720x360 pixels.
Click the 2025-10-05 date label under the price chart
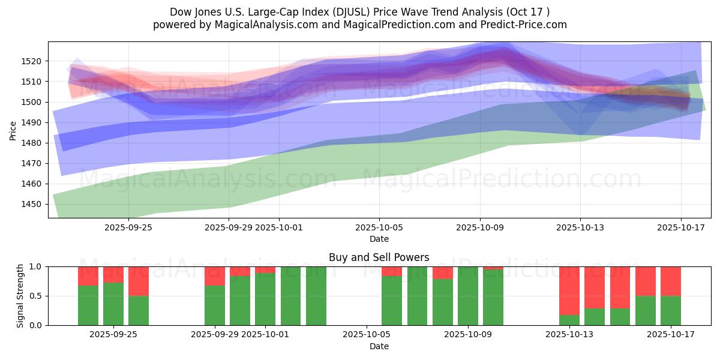click(x=379, y=227)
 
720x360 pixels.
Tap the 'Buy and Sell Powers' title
click(x=379, y=257)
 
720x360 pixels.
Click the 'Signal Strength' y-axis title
click(x=20, y=296)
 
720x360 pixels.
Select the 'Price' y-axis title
click(x=13, y=131)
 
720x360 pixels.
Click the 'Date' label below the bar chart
click(x=379, y=346)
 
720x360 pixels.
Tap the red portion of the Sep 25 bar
click(x=139, y=281)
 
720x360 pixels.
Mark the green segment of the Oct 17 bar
click(x=671, y=310)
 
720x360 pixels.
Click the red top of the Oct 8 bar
click(x=443, y=272)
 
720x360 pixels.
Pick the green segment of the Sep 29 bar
click(x=215, y=305)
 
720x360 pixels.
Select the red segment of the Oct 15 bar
click(x=620, y=287)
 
